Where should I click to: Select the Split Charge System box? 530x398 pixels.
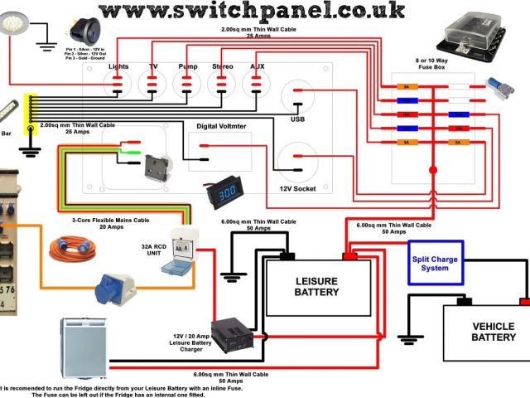coord(436,263)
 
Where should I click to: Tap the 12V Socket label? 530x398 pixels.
coord(297,187)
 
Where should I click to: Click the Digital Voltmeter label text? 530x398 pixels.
coord(223,126)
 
